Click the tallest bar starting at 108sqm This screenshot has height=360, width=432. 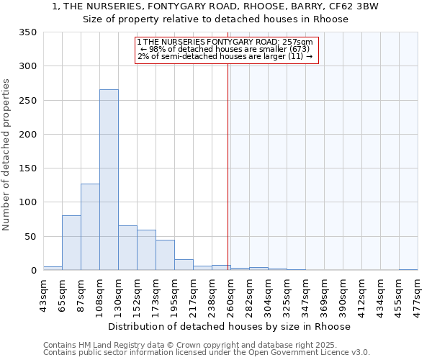click(x=109, y=180)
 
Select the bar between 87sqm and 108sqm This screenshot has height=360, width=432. click(x=90, y=227)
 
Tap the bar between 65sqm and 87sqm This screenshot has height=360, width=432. click(x=71, y=243)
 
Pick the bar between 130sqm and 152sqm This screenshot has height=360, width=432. click(x=127, y=248)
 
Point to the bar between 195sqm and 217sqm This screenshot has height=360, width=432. click(x=184, y=264)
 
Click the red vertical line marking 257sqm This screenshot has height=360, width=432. click(x=228, y=158)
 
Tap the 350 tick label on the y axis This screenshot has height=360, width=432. click(x=27, y=32)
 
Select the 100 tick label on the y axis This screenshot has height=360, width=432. click(x=27, y=202)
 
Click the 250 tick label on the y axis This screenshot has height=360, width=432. click(x=27, y=100)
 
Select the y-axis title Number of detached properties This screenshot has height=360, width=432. click(x=6, y=156)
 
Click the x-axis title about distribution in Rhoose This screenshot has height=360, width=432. click(x=230, y=326)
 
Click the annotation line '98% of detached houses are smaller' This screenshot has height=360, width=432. click(x=225, y=49)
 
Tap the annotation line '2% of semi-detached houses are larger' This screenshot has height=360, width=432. click(x=225, y=56)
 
